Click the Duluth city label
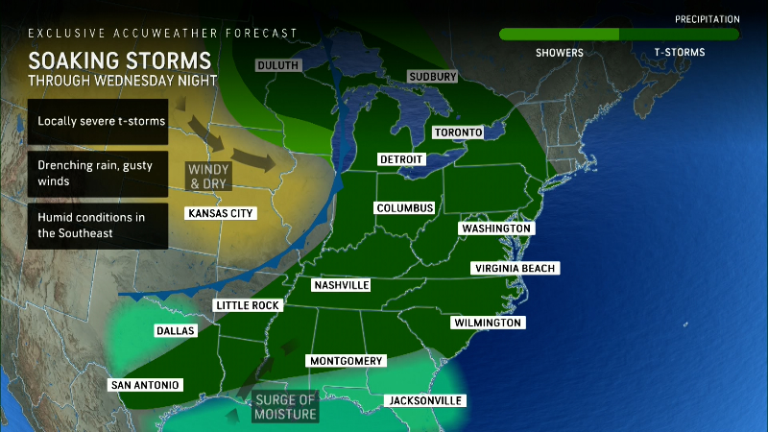277,65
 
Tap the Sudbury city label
432,76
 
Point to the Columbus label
405,208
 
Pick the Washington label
496,228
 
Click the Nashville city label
342,285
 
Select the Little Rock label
246,305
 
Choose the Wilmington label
487,323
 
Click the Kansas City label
222,213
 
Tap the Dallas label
175,330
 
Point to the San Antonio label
145,385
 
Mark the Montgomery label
346,361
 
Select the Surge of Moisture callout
285,407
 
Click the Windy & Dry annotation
209,174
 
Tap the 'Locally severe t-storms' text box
98,121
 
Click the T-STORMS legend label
679,53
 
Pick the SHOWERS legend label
559,53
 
